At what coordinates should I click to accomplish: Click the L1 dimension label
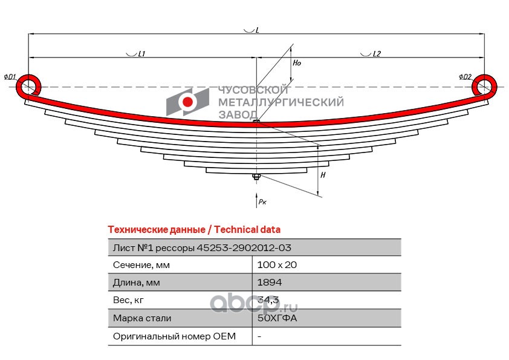pos(141,54)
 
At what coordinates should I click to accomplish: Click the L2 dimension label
pos(377,54)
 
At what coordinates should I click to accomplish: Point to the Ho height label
pos(297,63)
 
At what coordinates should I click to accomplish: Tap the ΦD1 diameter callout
pos(10,77)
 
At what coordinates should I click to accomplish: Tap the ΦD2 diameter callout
pos(465,77)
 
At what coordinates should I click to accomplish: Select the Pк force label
pos(262,201)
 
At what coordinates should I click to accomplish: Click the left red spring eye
pos(28,86)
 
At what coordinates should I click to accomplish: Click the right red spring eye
pos(484,85)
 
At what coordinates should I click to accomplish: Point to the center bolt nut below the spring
pos(256,177)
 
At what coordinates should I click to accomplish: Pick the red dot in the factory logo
pos(187,102)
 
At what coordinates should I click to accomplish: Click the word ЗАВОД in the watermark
pos(238,114)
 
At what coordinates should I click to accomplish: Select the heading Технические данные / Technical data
pos(194,230)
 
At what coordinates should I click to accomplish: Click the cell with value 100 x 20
pos(277,265)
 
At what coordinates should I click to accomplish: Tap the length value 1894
pos(270,283)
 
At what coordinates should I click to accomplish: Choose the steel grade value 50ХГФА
pos(277,318)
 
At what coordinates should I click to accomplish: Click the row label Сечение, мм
pos(141,265)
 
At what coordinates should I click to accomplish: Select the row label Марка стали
pos(142,318)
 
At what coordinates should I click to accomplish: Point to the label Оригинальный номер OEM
pos(174,336)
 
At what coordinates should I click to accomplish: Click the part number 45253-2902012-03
pos(244,248)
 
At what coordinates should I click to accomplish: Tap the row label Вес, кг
pos(128,300)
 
